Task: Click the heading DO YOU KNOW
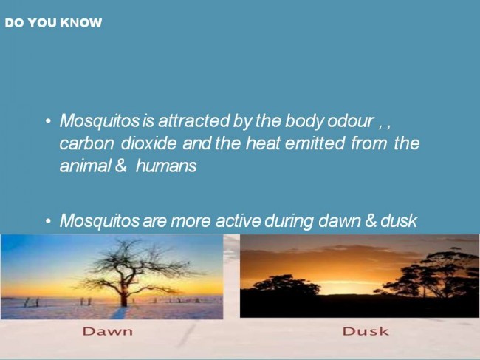click(53, 23)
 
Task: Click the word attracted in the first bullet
click(193, 120)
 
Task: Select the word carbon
click(86, 143)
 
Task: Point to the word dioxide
click(148, 143)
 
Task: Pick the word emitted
click(315, 143)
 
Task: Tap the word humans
click(166, 166)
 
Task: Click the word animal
click(85, 166)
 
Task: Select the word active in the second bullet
click(239, 220)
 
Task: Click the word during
click(289, 221)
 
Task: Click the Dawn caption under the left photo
click(108, 331)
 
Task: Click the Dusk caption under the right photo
click(366, 331)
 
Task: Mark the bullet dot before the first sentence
click(48, 122)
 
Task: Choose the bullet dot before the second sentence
click(48, 221)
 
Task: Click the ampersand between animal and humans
click(121, 166)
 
